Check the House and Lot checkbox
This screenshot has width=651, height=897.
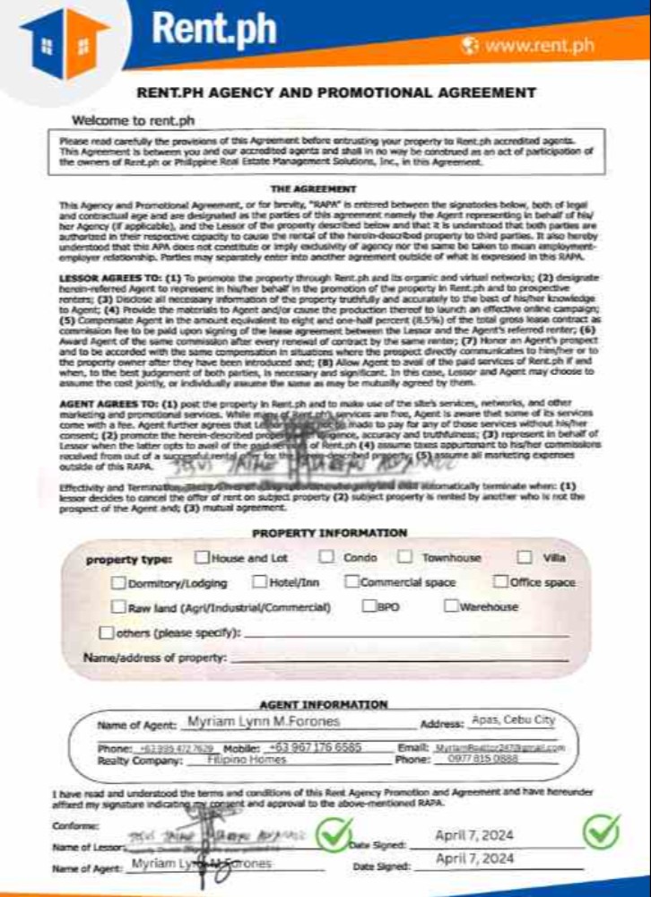click(x=201, y=558)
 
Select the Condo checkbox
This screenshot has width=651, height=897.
click(x=330, y=557)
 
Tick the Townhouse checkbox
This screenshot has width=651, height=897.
click(x=405, y=557)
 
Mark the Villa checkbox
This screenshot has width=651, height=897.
click(x=524, y=558)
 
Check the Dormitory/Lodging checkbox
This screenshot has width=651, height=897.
click(x=119, y=583)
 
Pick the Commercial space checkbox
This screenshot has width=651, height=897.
click(x=352, y=582)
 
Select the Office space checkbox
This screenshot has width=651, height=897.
click(x=500, y=582)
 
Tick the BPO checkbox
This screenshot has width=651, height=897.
click(x=369, y=606)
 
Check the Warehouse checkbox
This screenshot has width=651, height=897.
click(x=451, y=606)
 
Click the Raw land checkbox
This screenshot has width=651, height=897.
click(x=119, y=607)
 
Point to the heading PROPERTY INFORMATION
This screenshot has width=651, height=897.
click(x=329, y=533)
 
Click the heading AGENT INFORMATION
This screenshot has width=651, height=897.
click(x=324, y=704)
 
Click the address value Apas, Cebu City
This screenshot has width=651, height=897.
click(x=513, y=720)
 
